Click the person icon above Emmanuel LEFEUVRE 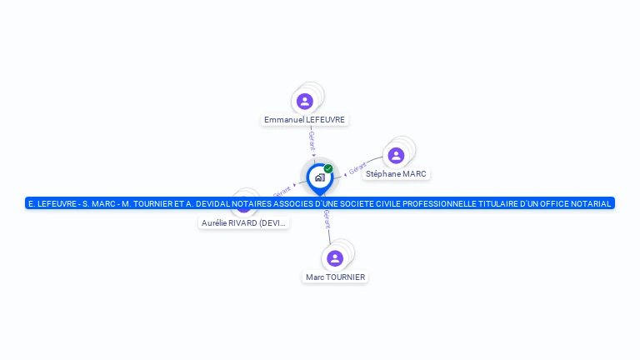[305, 102]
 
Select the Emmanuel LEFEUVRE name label [304, 120]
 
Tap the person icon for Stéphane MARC [397, 156]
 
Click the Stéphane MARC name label [396, 174]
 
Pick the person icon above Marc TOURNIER [335, 258]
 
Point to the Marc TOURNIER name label [335, 277]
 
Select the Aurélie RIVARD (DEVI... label [244, 223]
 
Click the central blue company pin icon [319, 177]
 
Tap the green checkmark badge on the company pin [328, 168]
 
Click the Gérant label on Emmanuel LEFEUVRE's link [312, 139]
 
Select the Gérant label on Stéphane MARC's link [357, 168]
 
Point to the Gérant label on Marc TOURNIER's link [327, 220]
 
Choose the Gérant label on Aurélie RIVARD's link [282, 192]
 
